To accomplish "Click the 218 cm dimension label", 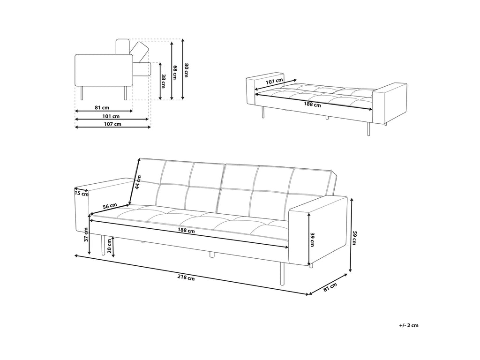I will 186,277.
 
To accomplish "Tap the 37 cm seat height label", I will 86,234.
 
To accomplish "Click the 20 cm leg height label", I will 109,246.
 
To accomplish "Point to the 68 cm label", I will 175,70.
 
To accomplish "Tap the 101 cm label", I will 111,116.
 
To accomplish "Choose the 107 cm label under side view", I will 112,124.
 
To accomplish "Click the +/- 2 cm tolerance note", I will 409,325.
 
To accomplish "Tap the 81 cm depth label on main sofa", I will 330,287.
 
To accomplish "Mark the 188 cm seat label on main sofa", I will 187,231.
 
